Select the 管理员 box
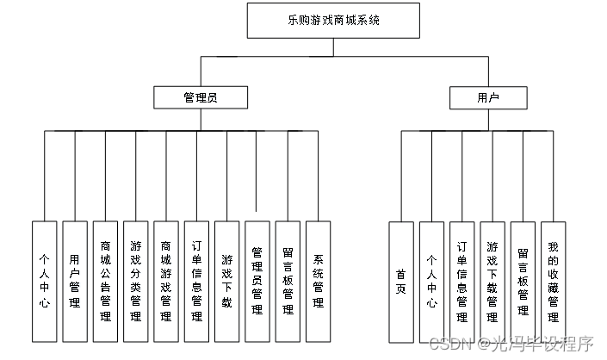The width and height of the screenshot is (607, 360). pyautogui.click(x=201, y=97)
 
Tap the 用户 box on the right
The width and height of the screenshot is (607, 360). pyautogui.click(x=488, y=97)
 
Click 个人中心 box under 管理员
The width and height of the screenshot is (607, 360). pyautogui.click(x=45, y=281)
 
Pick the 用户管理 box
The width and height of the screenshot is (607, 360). pyautogui.click(x=75, y=281)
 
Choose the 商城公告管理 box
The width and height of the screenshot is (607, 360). pyautogui.click(x=106, y=281)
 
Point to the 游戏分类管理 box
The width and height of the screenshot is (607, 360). pyautogui.click(x=136, y=281)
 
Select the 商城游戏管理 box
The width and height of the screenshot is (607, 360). pyautogui.click(x=166, y=281)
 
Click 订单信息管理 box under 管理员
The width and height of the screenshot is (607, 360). pyautogui.click(x=197, y=281)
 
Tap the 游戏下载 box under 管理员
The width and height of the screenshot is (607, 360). pyautogui.click(x=227, y=281)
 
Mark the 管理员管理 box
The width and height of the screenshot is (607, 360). pyautogui.click(x=257, y=281)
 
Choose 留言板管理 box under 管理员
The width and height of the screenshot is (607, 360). pyautogui.click(x=288, y=281)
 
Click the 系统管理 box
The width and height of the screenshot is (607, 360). pyautogui.click(x=319, y=281)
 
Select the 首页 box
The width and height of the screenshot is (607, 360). pyautogui.click(x=401, y=281)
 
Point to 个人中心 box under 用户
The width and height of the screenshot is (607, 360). pyautogui.click(x=432, y=281)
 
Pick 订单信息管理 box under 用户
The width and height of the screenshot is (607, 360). pyautogui.click(x=462, y=281)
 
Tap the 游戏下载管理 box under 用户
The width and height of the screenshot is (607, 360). pyautogui.click(x=492, y=281)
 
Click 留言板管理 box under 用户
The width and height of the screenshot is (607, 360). pyautogui.click(x=523, y=281)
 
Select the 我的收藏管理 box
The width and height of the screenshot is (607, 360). pyautogui.click(x=553, y=281)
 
